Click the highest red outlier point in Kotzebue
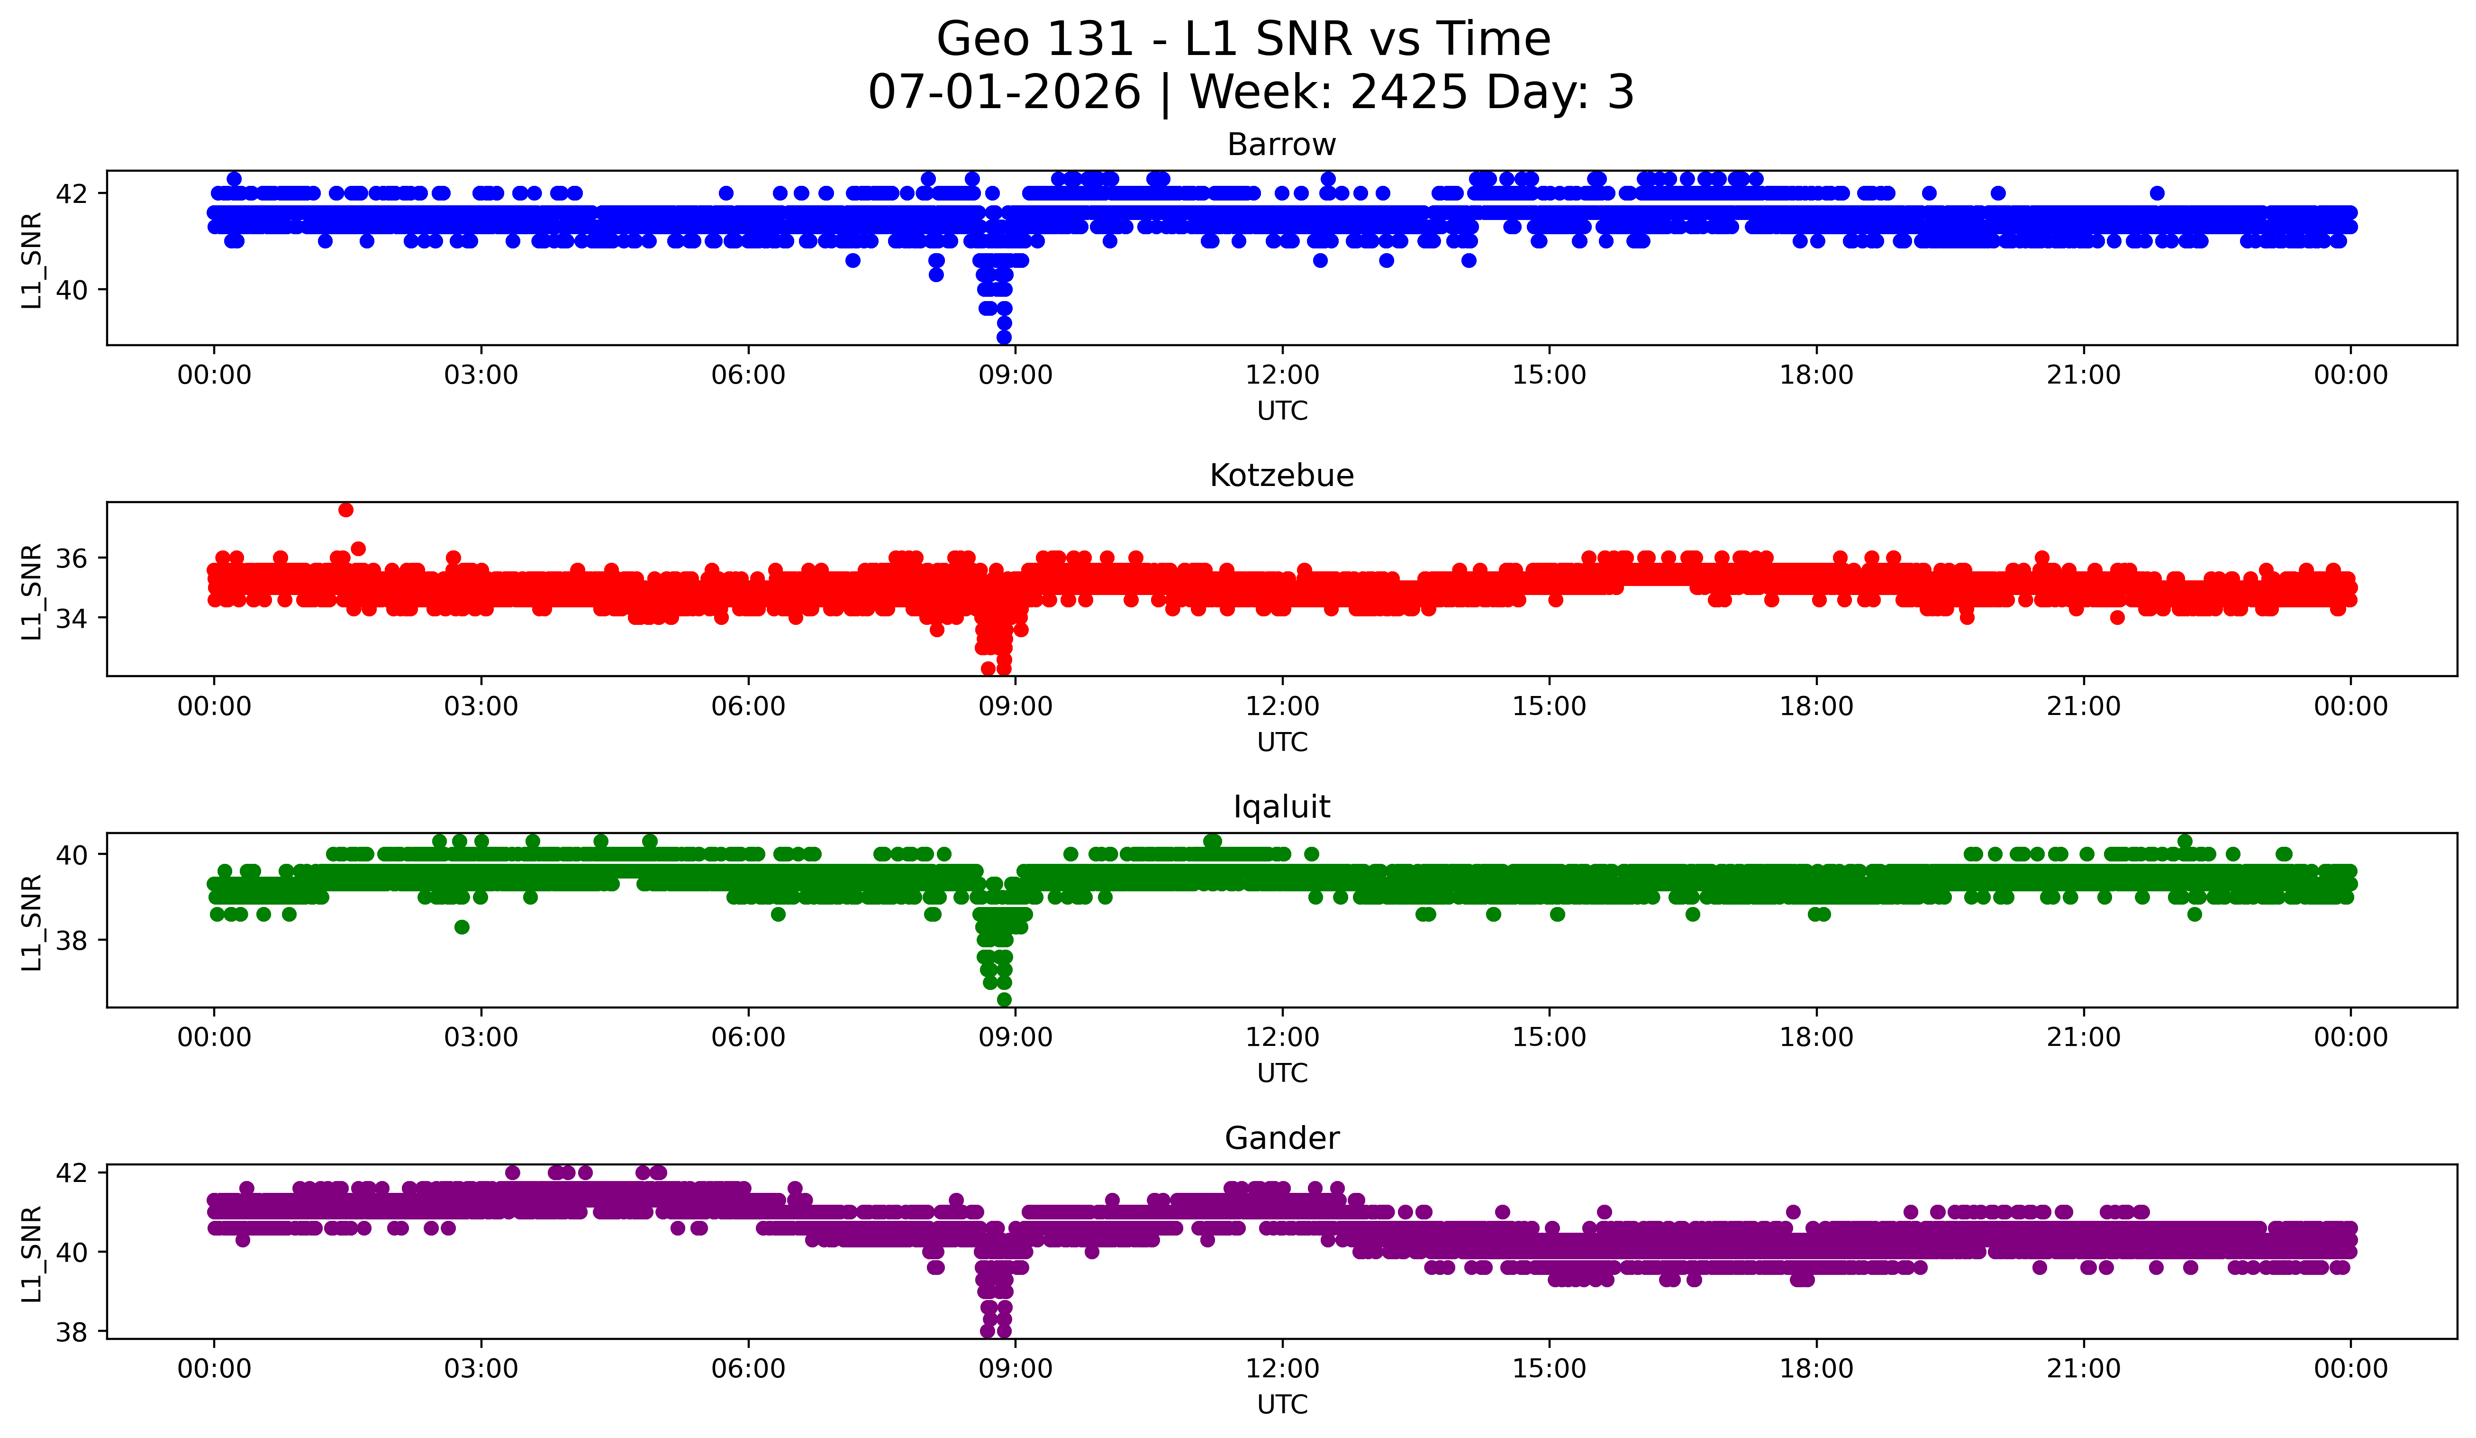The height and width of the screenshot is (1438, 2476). click(x=346, y=509)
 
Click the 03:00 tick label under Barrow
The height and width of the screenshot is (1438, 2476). click(x=481, y=376)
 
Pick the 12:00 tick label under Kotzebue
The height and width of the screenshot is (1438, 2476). click(x=1282, y=707)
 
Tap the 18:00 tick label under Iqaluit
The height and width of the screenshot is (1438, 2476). click(x=1817, y=1038)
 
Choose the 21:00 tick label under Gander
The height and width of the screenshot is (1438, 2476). click(x=2084, y=1369)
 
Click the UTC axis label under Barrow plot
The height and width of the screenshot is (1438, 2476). click(x=1282, y=411)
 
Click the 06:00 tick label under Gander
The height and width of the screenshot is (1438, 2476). click(x=749, y=1369)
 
